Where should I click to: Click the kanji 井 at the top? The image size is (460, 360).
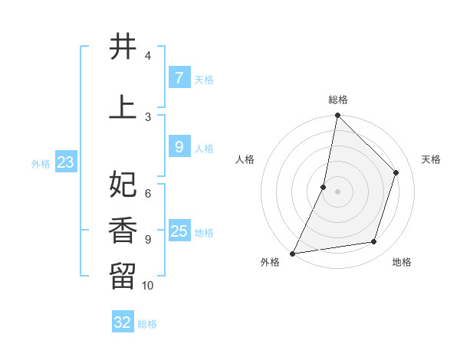pos(123,47)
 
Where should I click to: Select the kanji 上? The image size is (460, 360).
pos(123,108)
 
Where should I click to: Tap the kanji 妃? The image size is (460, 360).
pos(123,185)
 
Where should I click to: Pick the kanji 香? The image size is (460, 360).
pos(123,231)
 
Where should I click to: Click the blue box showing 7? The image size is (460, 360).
pos(179,77)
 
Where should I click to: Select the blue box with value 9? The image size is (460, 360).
pos(179,146)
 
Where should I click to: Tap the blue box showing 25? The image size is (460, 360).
pos(179,231)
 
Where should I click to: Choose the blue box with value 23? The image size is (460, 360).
pos(65,162)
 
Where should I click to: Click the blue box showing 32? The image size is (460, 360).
pos(123,322)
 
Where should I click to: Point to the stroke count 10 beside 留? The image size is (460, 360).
pos(148,286)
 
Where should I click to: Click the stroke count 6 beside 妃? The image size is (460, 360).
pos(148,194)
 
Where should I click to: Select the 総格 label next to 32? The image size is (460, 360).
pos(147,324)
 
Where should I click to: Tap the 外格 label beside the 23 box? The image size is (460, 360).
pos(41,163)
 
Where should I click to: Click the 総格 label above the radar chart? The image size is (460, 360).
pos(337,100)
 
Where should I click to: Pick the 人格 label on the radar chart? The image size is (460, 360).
pos(245,159)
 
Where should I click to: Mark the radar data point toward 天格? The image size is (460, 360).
pos(396,172)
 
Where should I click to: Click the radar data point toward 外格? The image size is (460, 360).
pos(292,253)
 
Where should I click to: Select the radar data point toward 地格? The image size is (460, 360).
pos(374,242)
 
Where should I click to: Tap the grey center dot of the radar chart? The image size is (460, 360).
pos(337,191)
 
